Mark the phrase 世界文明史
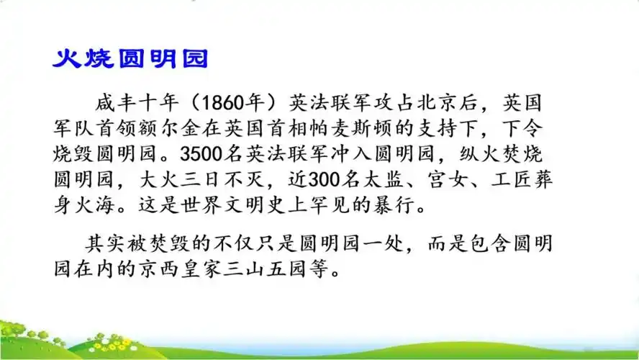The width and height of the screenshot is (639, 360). [238, 206]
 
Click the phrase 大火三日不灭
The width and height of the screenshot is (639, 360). [177, 180]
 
